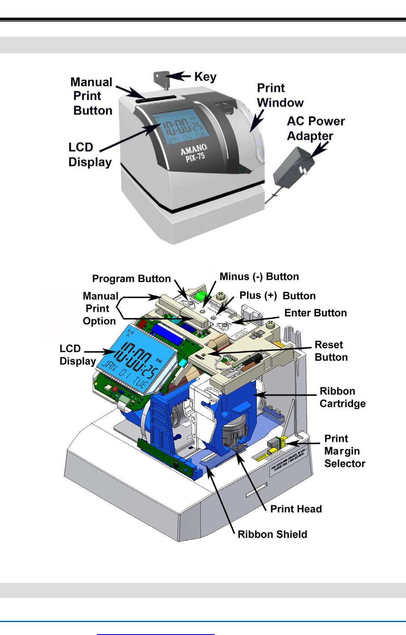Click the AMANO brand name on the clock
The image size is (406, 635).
coord(194,150)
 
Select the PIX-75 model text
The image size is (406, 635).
coord(195,158)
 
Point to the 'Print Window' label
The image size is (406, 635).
coord(280,95)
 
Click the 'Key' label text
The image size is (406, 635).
coord(205,77)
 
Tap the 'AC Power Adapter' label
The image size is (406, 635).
coord(316,128)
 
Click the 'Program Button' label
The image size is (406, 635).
coord(131,279)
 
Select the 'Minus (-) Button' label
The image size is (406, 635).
coord(259,276)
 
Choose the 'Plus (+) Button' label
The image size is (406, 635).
coord(277,296)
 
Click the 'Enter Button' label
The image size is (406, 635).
coord(315,313)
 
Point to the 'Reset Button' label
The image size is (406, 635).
coord(331,351)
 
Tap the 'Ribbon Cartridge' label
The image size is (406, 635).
coord(342,397)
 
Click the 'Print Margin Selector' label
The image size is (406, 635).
coord(344,451)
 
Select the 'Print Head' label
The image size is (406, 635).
coord(296,509)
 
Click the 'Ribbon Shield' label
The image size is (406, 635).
coord(272,534)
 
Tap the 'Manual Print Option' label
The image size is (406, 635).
coord(100,308)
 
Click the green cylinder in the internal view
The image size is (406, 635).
coord(200,297)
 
